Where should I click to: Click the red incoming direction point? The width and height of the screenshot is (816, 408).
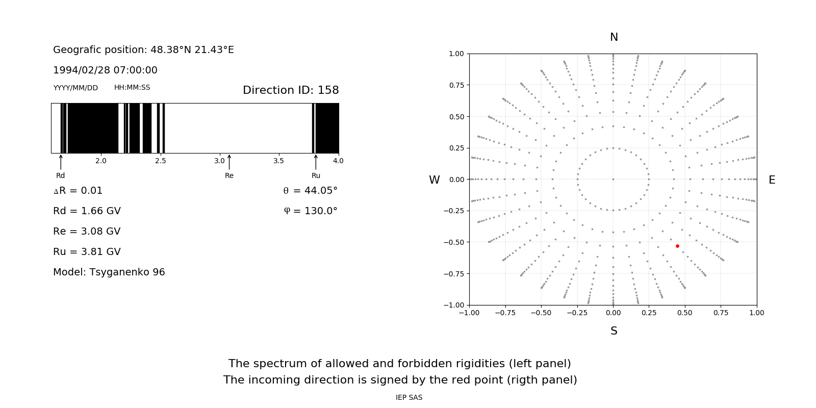pyautogui.click(x=677, y=246)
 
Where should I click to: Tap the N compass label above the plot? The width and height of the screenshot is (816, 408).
pyautogui.click(x=614, y=37)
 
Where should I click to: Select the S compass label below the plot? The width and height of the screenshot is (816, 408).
pyautogui.click(x=614, y=331)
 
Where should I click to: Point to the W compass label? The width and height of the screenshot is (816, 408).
pyautogui.click(x=434, y=180)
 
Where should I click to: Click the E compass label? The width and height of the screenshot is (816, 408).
pyautogui.click(x=772, y=180)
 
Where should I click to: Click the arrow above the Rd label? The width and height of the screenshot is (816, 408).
pyautogui.click(x=61, y=162)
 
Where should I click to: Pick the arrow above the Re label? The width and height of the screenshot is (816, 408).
pyautogui.click(x=229, y=162)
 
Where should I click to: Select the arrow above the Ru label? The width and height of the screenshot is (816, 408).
pyautogui.click(x=316, y=162)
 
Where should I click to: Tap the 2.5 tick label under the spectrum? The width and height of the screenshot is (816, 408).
pyautogui.click(x=160, y=161)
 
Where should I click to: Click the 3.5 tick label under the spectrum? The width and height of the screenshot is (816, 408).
pyautogui.click(x=278, y=161)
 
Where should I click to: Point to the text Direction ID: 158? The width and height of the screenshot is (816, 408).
pyautogui.click(x=291, y=90)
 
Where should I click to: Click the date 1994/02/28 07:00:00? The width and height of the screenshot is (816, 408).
pyautogui.click(x=105, y=70)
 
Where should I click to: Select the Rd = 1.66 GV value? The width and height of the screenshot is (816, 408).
pyautogui.click(x=87, y=211)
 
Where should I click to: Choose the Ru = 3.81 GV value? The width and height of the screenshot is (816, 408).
pyautogui.click(x=87, y=252)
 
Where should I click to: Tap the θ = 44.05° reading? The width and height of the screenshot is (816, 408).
pyautogui.click(x=310, y=191)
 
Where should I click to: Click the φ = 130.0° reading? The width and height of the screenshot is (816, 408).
pyautogui.click(x=310, y=211)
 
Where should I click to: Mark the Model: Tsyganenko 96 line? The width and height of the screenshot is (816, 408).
pyautogui.click(x=109, y=272)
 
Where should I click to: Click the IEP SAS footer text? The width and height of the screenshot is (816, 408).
pyautogui.click(x=409, y=398)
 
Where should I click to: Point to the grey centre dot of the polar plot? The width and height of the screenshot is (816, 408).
pyautogui.click(x=613, y=179)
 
